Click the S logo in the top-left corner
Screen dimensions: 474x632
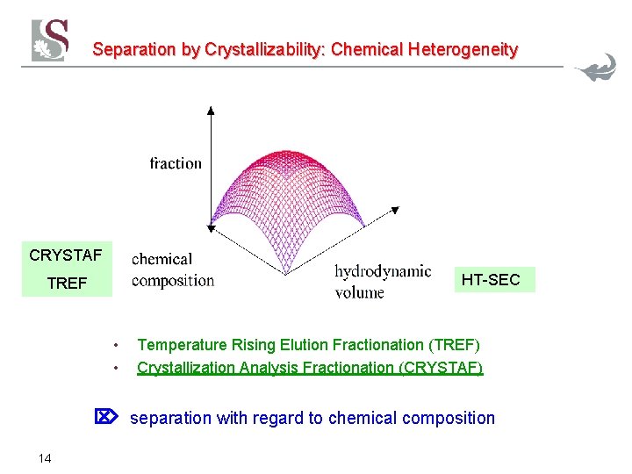click(x=50, y=39)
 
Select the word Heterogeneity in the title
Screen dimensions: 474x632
click(x=462, y=50)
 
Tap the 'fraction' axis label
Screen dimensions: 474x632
click(x=176, y=163)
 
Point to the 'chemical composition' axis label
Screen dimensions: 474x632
click(x=173, y=269)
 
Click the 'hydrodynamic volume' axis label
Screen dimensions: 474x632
click(x=382, y=281)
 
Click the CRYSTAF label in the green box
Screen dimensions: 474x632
click(x=66, y=256)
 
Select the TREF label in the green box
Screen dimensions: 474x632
click(x=67, y=284)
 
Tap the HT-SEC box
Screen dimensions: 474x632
click(x=491, y=280)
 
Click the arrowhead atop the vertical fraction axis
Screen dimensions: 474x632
click(x=210, y=110)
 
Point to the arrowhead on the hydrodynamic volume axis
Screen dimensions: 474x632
click(x=395, y=211)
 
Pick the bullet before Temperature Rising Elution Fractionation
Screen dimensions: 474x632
click(x=116, y=345)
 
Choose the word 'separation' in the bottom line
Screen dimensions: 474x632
click(x=171, y=418)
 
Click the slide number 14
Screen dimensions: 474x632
click(x=45, y=457)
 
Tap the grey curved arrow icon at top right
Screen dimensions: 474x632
click(x=597, y=68)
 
